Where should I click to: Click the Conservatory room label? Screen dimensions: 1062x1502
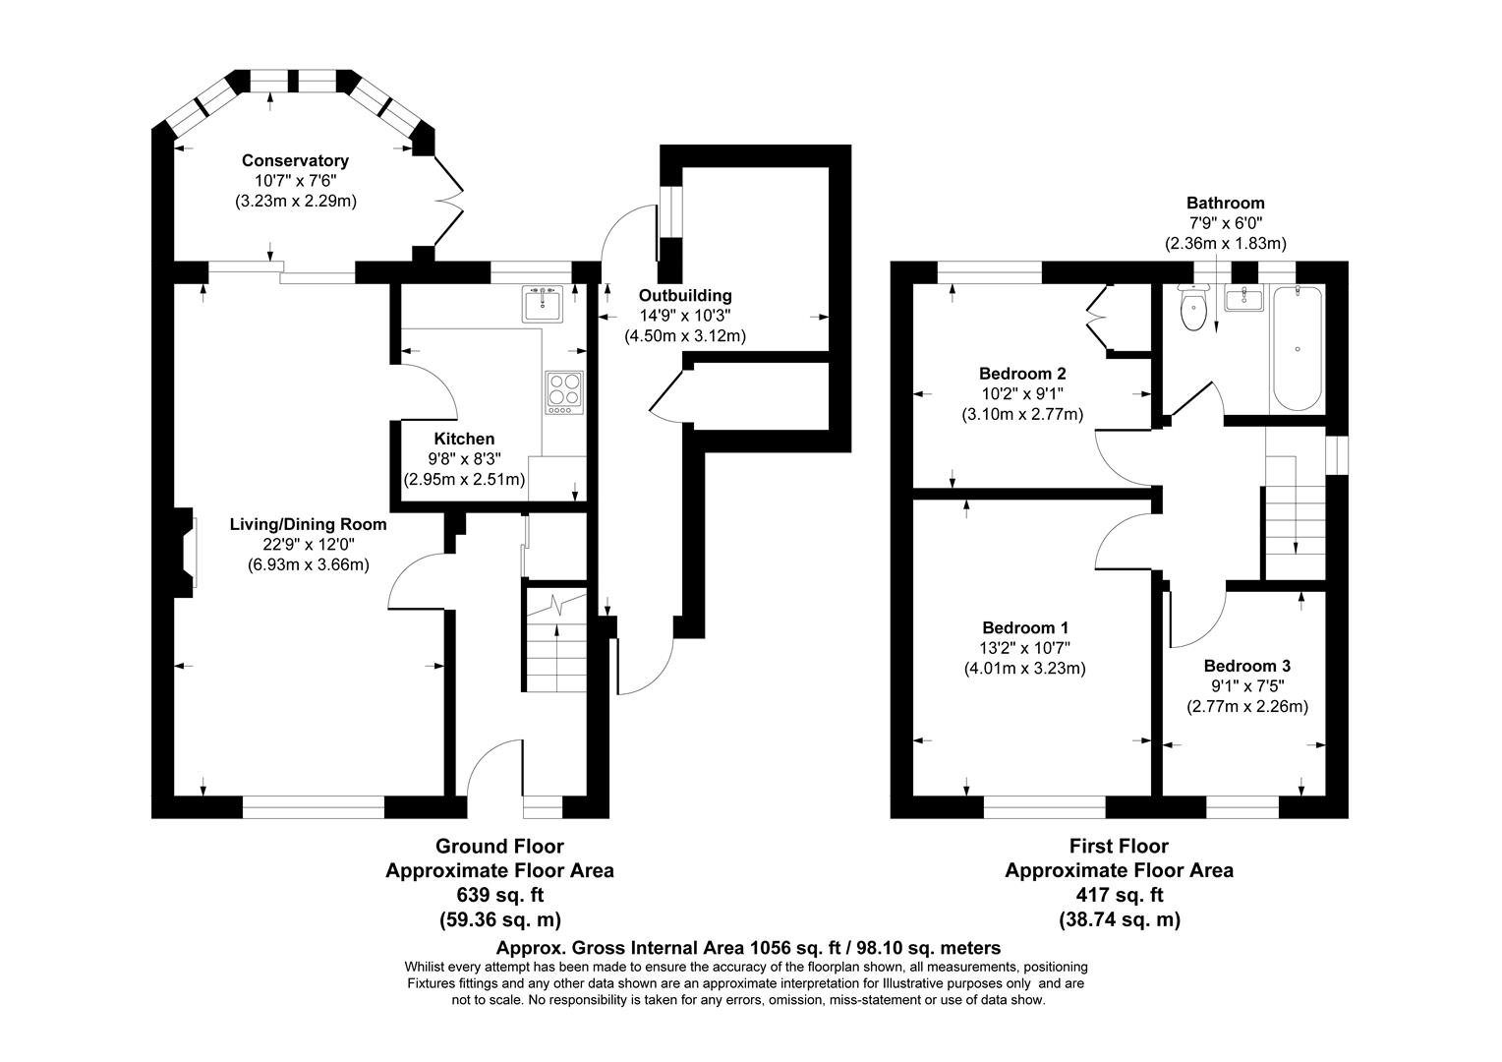[x=295, y=160]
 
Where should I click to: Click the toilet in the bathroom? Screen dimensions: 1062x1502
[x=1193, y=310]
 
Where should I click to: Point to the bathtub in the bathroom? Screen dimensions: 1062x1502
[x=1297, y=348]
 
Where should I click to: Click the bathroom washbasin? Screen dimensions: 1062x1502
[x=1243, y=299]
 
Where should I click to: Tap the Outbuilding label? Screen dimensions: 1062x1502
[x=685, y=295]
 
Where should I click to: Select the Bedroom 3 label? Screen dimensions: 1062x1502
[x=1246, y=666]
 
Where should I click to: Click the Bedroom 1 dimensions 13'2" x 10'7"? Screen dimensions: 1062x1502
[x=1024, y=647]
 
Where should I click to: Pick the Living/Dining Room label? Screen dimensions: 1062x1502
[x=308, y=524]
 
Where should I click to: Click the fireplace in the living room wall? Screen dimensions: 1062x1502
[x=185, y=553]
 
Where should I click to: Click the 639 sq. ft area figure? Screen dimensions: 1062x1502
[x=499, y=895]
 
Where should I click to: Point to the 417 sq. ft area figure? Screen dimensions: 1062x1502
[x=1119, y=895]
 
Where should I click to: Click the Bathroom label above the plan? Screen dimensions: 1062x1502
[x=1225, y=204]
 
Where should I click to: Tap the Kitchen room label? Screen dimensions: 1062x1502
[x=464, y=439]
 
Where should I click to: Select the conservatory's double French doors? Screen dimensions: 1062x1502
[x=448, y=201]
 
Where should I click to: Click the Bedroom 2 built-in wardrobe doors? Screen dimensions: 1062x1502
[x=1097, y=315]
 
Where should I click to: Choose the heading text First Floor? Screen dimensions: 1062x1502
[x=1119, y=846]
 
